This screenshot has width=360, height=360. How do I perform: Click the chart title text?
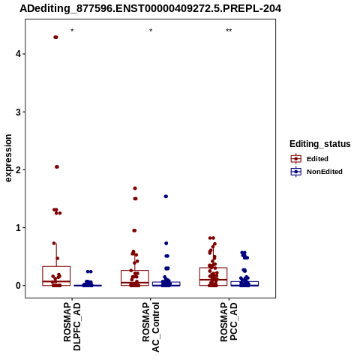pyautogui.click(x=151, y=9)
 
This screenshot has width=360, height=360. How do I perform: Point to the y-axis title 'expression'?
pyautogui.click(x=8, y=158)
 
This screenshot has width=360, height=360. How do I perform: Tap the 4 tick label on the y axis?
pyautogui.click(x=18, y=54)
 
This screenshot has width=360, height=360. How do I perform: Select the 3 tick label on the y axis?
pyautogui.click(x=18, y=112)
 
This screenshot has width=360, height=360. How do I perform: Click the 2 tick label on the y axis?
pyautogui.click(x=18, y=169)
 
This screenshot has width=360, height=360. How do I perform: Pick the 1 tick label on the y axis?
pyautogui.click(x=18, y=228)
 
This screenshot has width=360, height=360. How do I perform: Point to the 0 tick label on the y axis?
pyautogui.click(x=18, y=286)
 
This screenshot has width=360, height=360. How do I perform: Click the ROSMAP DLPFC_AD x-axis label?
pyautogui.click(x=72, y=326)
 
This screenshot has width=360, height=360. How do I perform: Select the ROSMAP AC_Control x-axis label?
pyautogui.click(x=151, y=327)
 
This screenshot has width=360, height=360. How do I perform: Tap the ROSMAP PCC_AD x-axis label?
pyautogui.click(x=229, y=322)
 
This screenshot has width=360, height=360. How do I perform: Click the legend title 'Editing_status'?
pyautogui.click(x=320, y=144)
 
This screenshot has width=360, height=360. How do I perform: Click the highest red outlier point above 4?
pyautogui.click(x=55, y=37)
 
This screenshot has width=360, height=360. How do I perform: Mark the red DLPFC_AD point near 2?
pyautogui.click(x=57, y=166)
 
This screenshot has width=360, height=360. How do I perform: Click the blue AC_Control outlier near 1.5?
pyautogui.click(x=166, y=196)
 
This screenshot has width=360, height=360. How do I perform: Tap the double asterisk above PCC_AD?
pyautogui.click(x=229, y=31)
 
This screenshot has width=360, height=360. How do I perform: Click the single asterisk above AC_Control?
pyautogui.click(x=151, y=31)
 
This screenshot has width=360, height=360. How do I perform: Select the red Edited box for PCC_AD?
pyautogui.click(x=213, y=277)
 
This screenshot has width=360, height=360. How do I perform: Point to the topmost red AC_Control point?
pyautogui.click(x=135, y=188)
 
